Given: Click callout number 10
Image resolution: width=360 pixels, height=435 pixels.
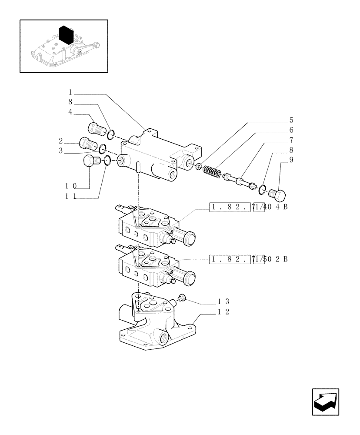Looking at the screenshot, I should tap(71, 186).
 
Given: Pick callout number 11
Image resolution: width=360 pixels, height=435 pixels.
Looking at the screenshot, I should tap(71, 196).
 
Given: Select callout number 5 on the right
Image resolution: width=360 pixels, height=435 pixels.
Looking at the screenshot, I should tap(291, 120).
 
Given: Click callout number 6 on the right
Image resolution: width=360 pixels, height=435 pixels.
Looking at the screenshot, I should tap(291, 130).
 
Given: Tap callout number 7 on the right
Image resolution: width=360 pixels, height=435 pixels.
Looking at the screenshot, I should tap(291, 140).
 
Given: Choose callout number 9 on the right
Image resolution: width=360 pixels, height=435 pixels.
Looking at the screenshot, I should tap(291, 160).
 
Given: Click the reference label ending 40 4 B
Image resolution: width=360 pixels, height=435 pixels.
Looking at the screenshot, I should tap(248, 207).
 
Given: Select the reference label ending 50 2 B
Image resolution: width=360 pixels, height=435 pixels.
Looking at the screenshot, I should tap(248, 260).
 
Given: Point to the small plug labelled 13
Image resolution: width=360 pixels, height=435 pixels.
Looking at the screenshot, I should tap(182, 298).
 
